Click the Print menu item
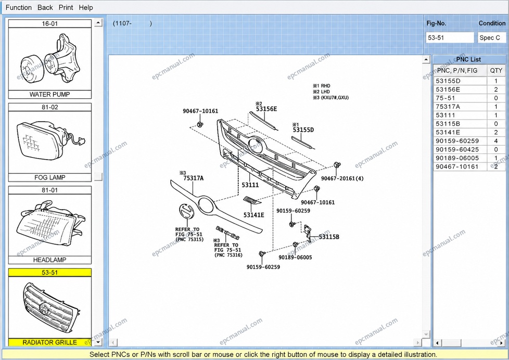coord(66,7)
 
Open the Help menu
coord(86,7)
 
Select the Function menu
coord(19,7)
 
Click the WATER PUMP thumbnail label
coord(49,95)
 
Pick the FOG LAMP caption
coord(49,177)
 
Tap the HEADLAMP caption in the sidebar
coord(49,260)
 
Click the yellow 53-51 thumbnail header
coord(49,273)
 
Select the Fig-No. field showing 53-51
coord(450,37)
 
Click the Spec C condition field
coord(491,37)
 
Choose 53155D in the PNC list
coord(448,81)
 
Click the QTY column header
coord(496,70)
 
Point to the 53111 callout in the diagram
coord(250,185)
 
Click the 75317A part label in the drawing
coord(194,178)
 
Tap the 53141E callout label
coord(254,215)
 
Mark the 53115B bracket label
coord(329,237)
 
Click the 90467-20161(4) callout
coord(342,178)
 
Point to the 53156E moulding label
coord(266,109)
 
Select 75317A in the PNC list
coord(448,107)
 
